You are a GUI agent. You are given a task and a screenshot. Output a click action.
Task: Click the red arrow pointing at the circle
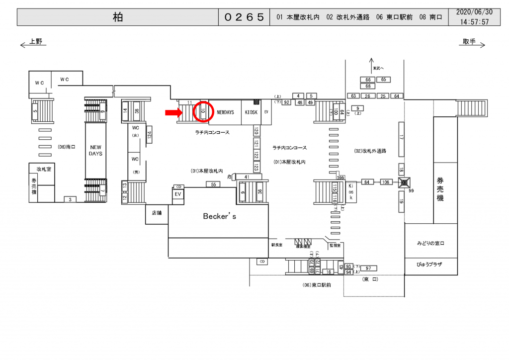(x=173, y=113)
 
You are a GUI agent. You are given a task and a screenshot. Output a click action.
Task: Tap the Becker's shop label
(x=220, y=217)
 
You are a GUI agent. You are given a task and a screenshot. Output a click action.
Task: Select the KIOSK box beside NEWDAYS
(x=251, y=112)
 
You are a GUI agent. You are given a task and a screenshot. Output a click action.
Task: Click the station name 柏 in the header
(x=118, y=17)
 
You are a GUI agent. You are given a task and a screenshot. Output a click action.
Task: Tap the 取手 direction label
(x=469, y=41)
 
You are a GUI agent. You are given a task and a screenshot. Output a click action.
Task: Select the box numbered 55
(x=213, y=184)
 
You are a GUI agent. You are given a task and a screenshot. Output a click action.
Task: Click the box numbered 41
(x=246, y=177)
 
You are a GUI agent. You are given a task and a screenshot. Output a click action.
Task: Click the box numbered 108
(x=387, y=182)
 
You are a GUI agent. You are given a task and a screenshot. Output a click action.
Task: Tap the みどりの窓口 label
(x=430, y=244)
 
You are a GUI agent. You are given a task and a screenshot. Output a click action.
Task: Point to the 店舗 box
(x=157, y=213)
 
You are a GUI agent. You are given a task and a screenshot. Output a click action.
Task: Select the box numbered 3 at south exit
(x=70, y=199)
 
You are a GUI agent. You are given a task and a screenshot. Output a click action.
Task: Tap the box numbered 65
(x=384, y=80)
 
